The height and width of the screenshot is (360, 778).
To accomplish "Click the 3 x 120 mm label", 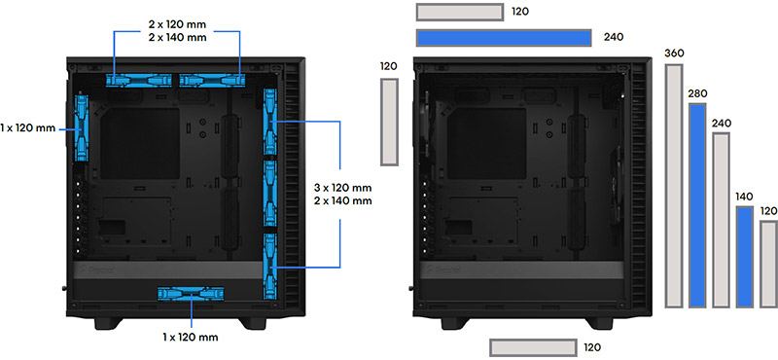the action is point(343,189).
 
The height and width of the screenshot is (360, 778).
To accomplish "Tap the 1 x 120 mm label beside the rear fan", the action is point(28,128).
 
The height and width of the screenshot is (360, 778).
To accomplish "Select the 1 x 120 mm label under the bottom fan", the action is point(191,338).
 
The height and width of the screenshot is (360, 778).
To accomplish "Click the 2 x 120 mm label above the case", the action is point(177,23).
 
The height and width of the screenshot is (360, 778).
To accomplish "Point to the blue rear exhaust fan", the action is point(82,128).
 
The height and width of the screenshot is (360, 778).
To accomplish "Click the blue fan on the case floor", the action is point(191,294).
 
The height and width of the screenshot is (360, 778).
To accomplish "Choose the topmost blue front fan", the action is point(270,122).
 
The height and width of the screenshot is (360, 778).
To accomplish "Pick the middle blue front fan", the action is point(270,194).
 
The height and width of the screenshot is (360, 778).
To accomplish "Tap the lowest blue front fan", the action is point(270,267).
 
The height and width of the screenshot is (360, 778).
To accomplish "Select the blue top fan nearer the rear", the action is point(139,80).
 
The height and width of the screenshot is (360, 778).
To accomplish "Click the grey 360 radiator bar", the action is point(674,186).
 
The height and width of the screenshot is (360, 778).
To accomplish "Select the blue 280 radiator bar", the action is point(697,205).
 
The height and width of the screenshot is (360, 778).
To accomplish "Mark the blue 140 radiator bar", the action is point(745,257).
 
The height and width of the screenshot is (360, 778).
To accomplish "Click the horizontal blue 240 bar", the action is point(504,38).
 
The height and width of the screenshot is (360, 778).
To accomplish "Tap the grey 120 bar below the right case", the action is point(533,347).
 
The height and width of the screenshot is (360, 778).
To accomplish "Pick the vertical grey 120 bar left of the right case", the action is point(390,122).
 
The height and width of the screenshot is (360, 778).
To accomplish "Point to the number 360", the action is point(674,54).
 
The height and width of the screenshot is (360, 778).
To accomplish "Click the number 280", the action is point(697,93).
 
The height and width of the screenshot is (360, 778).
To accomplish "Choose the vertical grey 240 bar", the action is point(721,220).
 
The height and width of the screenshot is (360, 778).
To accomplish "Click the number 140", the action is point(745,197).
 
